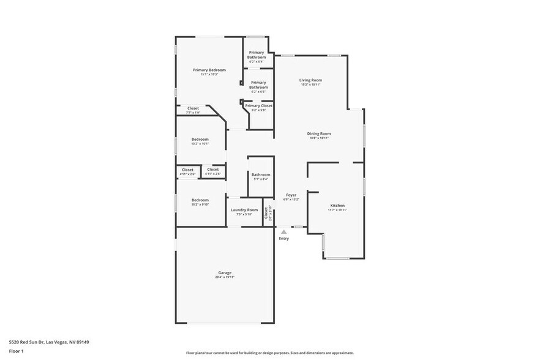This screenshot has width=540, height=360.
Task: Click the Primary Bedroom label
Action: point(209,70)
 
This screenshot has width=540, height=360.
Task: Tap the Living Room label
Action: point(310,80)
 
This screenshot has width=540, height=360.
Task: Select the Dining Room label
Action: point(319,133)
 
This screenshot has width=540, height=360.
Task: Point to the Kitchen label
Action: point(337,205)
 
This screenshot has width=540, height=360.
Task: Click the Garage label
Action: point(225,272)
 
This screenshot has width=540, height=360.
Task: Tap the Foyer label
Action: point(291,195)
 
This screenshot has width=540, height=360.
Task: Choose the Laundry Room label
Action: point(244,210)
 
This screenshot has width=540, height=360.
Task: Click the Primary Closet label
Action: point(258,105)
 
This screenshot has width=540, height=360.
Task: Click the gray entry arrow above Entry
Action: point(283,231)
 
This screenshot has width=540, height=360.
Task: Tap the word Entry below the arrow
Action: point(283,238)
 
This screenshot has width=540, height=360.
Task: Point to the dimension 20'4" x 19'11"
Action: point(225,277)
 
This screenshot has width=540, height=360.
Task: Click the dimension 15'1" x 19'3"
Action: point(209,75)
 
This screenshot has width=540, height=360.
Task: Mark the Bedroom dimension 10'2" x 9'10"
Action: point(200,204)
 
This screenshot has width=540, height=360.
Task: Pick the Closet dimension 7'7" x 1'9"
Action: point(193,113)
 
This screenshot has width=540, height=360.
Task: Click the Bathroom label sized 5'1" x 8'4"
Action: point(260,174)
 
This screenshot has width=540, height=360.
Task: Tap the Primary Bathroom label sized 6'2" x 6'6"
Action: point(258,85)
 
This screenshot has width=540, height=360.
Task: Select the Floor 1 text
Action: point(16,351)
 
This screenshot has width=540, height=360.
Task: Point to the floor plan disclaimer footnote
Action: point(269,353)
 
